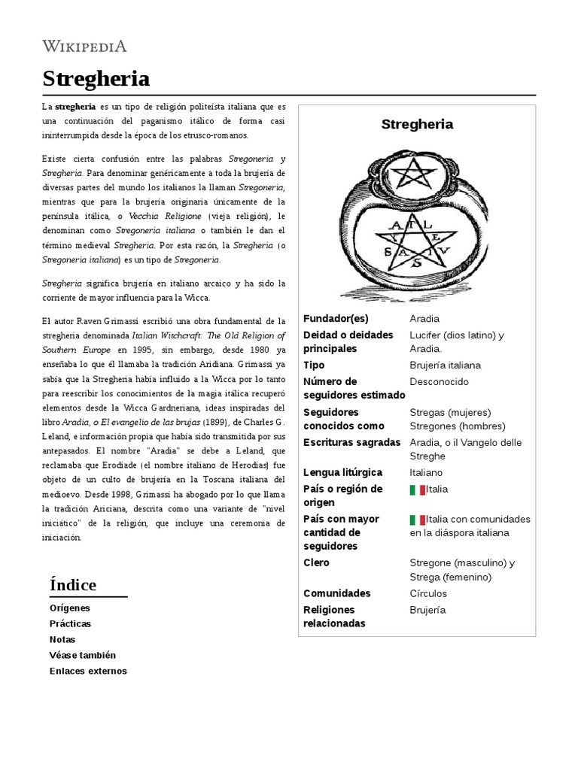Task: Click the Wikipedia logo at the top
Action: (x=84, y=47)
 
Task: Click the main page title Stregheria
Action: (x=96, y=78)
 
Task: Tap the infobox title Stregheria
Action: (x=417, y=124)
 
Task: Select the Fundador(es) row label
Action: (x=336, y=319)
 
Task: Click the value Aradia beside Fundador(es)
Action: (x=424, y=319)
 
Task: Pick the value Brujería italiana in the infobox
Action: (x=445, y=365)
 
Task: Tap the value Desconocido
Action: (x=439, y=382)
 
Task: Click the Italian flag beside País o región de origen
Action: (x=417, y=490)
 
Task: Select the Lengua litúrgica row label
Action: (x=342, y=473)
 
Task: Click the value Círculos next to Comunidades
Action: (x=428, y=593)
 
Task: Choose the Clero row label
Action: (x=316, y=563)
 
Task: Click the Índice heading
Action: (x=73, y=585)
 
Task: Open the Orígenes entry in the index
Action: (x=69, y=608)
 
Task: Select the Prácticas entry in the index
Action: (x=70, y=623)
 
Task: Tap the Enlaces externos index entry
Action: (x=88, y=671)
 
